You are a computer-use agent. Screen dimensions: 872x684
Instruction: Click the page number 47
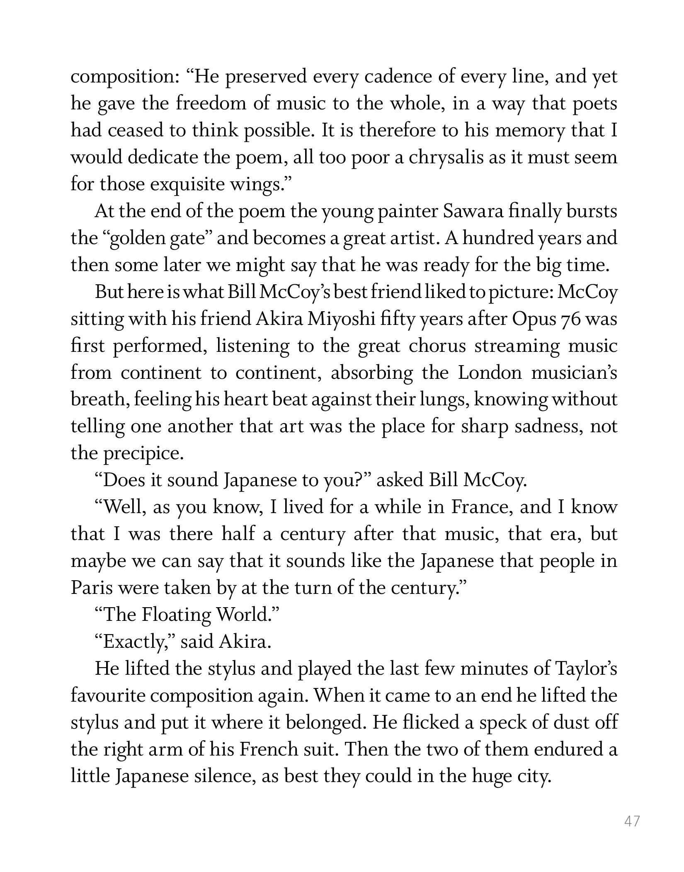pos(632,821)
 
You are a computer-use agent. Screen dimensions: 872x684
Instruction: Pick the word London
pos(490,373)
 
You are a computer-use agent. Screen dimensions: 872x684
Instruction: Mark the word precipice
pos(143,454)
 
